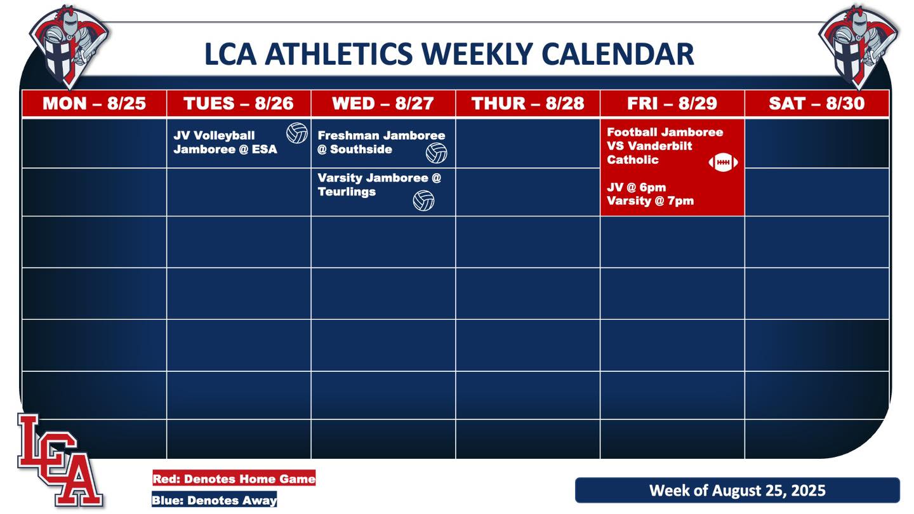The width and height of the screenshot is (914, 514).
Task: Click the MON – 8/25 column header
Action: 94,103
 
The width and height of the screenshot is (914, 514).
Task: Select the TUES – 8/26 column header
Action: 239,103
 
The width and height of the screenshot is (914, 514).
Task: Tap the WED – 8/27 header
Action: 383,103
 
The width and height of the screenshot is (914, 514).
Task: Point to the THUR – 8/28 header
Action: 528,103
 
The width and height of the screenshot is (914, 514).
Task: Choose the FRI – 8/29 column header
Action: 672,103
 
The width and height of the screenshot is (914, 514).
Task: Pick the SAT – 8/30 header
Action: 817,103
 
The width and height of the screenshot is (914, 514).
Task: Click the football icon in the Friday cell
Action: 723,162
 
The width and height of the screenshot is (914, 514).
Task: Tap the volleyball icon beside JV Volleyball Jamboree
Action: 297,133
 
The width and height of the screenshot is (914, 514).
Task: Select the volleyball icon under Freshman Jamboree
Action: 436,154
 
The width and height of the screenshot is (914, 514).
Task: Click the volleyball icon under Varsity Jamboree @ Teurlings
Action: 423,201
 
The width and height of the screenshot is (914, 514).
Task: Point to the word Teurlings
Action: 347,192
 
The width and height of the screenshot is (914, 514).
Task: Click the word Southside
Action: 361,149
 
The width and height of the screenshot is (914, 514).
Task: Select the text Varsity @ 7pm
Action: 651,201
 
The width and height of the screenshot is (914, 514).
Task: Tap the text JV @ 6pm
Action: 637,187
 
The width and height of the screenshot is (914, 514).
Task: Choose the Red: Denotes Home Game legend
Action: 234,478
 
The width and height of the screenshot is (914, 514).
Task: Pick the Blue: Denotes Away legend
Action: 215,500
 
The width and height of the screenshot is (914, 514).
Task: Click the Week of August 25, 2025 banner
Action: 738,490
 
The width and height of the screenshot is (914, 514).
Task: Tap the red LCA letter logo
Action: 60,460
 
